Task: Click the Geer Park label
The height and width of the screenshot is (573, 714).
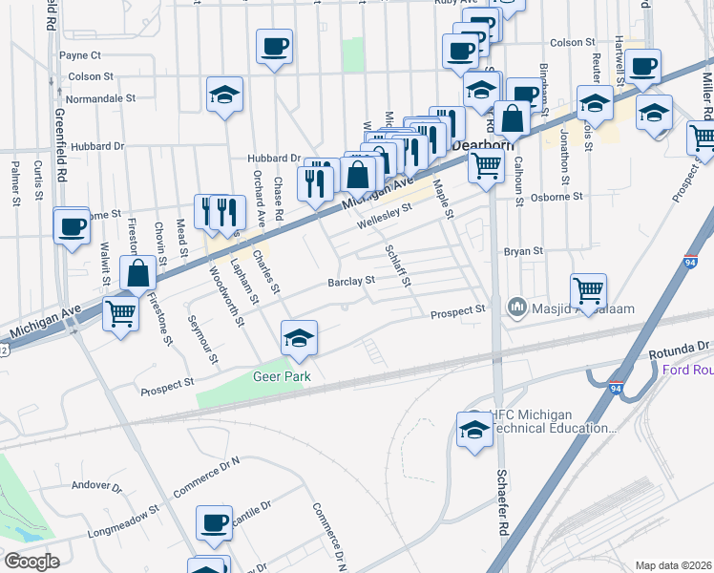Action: click(283, 376)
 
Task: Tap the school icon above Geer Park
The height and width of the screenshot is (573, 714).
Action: click(299, 338)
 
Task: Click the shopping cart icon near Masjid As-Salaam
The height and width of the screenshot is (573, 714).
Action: click(589, 289)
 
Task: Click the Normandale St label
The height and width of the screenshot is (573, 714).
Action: click(101, 98)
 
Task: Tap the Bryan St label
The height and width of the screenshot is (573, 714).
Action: click(523, 251)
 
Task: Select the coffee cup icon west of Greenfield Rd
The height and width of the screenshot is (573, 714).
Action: click(72, 228)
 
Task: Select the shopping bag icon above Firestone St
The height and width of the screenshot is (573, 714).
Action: click(138, 273)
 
